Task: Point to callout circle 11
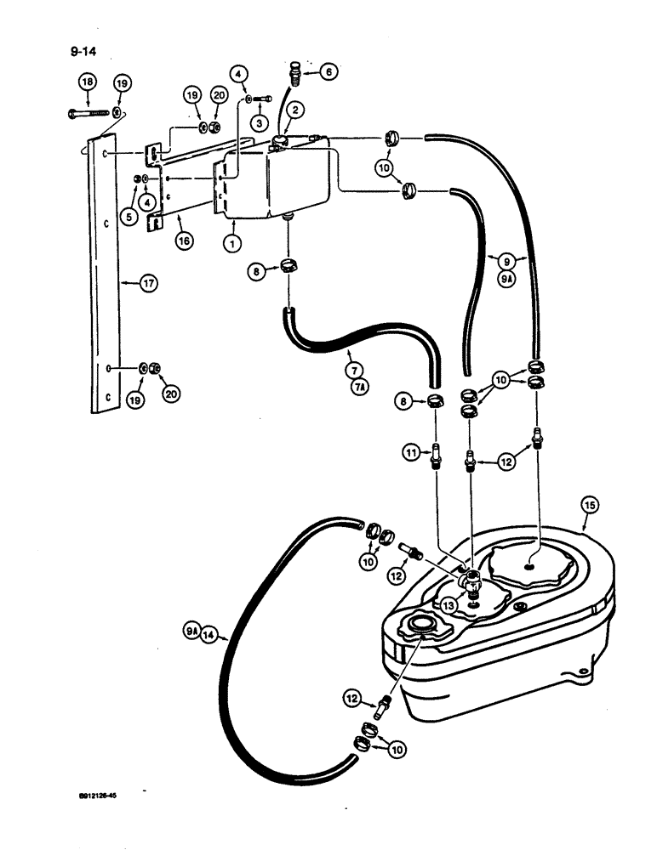(x=409, y=454)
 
